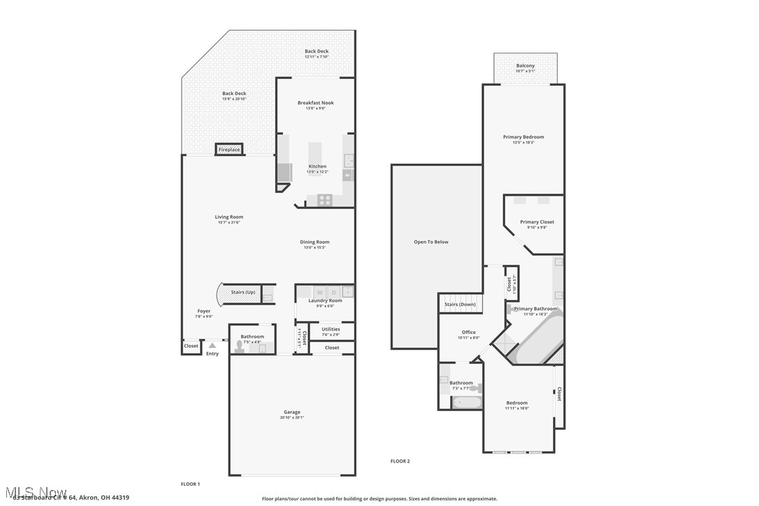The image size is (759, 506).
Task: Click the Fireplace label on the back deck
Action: (229, 150)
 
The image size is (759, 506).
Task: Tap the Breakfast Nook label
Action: (316, 103)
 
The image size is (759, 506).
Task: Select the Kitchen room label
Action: (317, 166)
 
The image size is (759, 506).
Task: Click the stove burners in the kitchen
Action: (325, 199)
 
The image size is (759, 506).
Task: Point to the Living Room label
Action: (229, 217)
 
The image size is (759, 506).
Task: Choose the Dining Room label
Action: (316, 242)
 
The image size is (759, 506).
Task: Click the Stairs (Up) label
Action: (243, 292)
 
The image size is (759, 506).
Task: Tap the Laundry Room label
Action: (326, 301)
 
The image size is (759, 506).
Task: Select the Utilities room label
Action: (331, 329)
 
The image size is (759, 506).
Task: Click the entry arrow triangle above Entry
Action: (212, 346)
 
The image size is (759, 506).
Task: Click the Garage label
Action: (291, 412)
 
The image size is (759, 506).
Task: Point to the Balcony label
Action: (526, 66)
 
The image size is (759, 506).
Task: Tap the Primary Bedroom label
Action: (523, 137)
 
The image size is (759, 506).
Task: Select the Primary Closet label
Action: (537, 222)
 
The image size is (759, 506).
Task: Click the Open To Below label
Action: (431, 242)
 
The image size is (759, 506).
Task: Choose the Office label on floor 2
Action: (468, 333)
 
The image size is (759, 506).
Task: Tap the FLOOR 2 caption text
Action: (400, 461)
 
